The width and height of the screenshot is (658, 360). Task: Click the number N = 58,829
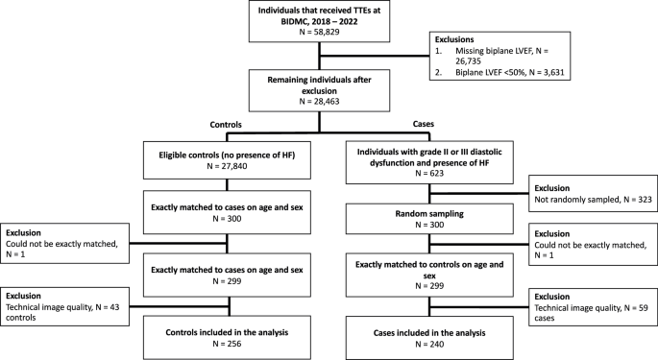pos(319,32)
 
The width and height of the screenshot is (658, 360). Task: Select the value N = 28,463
pos(319,102)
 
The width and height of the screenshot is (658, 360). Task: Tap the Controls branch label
pos(226,125)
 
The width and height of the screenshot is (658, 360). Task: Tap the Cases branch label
pos(424,124)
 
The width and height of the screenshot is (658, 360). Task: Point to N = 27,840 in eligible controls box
pos(227,166)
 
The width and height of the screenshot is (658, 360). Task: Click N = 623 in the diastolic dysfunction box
pos(429,174)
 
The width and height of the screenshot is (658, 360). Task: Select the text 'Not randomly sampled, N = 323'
pos(593,200)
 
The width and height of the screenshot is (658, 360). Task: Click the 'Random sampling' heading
pos(429,213)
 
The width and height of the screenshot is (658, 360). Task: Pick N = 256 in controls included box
pos(227,344)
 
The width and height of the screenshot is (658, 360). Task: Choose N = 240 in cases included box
pos(429,344)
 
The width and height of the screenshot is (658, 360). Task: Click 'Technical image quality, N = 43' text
pos(62,307)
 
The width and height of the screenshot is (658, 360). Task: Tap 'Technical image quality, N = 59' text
pos(592,308)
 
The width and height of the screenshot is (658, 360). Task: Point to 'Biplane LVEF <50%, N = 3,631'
pos(510,72)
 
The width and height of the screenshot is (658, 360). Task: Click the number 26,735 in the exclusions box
pos(469,61)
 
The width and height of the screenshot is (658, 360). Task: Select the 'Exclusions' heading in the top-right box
pos(454,39)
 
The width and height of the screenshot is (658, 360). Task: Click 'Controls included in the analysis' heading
pos(227,333)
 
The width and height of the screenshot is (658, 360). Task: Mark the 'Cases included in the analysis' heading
pos(429,333)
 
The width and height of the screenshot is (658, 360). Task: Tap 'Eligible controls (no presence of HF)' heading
pos(227,156)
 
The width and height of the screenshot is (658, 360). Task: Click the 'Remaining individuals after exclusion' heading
pos(319,85)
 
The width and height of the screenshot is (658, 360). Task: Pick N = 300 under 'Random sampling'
pos(429,225)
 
